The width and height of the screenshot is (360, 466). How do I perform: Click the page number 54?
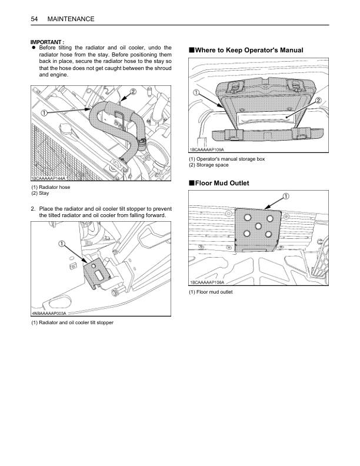[x=34, y=19]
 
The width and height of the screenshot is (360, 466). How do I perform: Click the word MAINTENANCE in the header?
[x=71, y=19]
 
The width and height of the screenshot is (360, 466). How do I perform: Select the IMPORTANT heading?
[x=47, y=42]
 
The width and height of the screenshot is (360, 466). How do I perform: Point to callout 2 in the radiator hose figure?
[x=133, y=92]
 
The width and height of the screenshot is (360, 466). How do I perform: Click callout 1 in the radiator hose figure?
[x=44, y=112]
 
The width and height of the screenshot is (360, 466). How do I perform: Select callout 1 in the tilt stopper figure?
[x=62, y=244]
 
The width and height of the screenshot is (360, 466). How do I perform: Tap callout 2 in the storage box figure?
[x=318, y=100]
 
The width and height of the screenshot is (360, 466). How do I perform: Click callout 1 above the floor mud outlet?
[x=286, y=197]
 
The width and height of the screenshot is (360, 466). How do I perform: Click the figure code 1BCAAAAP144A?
[x=48, y=178]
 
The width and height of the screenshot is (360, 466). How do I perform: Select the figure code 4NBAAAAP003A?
[x=49, y=313]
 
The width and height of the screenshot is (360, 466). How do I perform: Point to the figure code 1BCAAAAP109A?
[x=206, y=150]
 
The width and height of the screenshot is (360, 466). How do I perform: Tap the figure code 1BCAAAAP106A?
[x=207, y=282]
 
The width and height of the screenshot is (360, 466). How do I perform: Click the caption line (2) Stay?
[x=40, y=193]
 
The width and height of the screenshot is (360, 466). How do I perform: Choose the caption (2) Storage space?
[x=209, y=165]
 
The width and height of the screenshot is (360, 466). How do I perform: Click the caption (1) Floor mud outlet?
[x=211, y=292]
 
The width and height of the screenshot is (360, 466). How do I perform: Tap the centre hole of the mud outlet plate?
[x=258, y=226]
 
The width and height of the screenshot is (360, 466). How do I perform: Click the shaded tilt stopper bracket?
[x=96, y=272]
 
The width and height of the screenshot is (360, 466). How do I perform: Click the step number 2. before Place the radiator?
[x=33, y=209]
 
